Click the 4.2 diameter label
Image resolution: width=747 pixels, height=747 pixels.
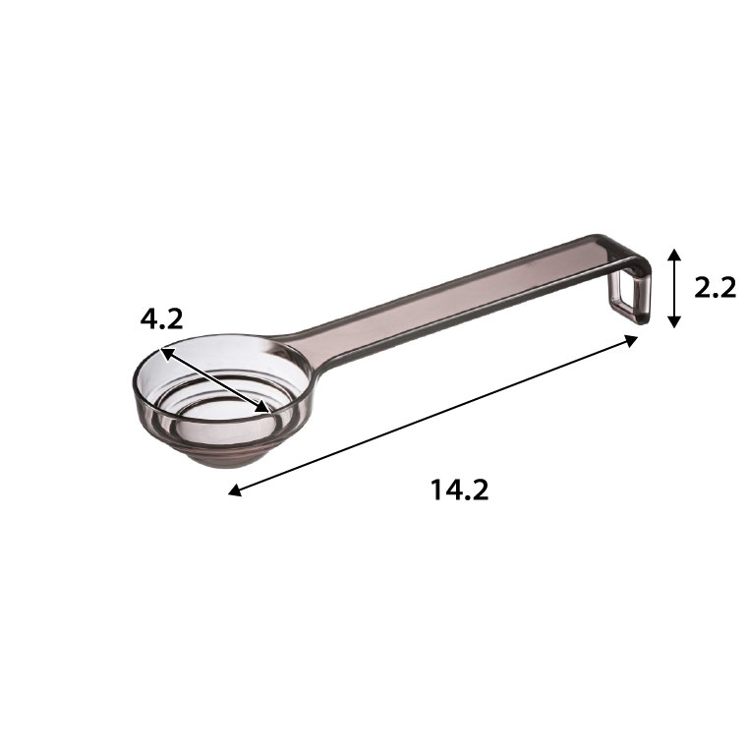tap(161, 319)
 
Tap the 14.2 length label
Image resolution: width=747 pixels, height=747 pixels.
tap(460, 489)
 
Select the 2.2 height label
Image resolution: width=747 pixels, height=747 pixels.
tap(715, 288)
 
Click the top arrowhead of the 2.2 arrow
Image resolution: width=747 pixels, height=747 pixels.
tap(673, 255)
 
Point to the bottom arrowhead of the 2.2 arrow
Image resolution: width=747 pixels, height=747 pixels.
tap(673, 321)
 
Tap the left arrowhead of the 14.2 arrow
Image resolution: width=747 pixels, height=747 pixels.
tap(234, 490)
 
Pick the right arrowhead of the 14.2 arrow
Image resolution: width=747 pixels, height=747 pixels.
tap(632, 341)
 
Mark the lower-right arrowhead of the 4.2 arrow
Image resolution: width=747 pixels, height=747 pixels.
tap(263, 406)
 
